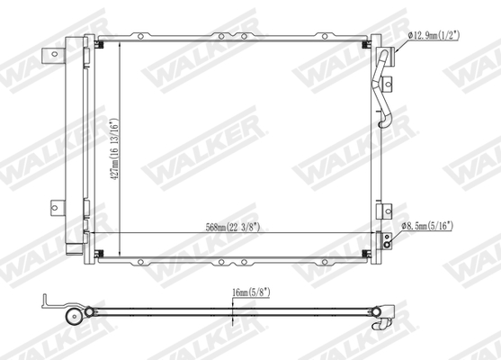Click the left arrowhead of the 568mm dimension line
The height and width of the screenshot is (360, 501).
point(98,235)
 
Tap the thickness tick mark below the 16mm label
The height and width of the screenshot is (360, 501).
point(233,315)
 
